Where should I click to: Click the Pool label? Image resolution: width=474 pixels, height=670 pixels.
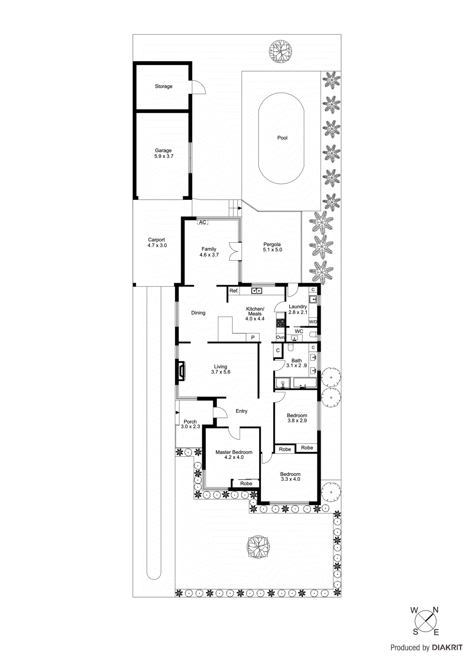[x=282, y=138]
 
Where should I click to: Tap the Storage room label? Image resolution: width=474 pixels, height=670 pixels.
[x=163, y=86]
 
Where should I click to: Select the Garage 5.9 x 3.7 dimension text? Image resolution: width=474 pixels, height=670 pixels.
[x=163, y=156]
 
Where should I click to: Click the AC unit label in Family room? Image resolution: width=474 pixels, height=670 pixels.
[x=202, y=222]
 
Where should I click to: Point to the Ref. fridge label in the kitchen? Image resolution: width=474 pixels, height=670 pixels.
[x=234, y=291]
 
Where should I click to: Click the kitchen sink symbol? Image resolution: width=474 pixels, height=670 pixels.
[x=256, y=291]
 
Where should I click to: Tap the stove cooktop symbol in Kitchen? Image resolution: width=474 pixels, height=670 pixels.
[x=280, y=323]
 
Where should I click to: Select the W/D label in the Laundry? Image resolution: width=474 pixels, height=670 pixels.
[x=313, y=322]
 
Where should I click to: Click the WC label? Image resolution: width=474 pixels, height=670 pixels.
[x=299, y=331]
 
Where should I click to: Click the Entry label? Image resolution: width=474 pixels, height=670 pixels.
[x=241, y=411]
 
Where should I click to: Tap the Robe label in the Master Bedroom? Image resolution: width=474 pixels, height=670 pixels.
[x=246, y=483]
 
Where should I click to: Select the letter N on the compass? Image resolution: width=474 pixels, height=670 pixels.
[x=435, y=610]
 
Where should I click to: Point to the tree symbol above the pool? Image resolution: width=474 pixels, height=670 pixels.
[x=280, y=52]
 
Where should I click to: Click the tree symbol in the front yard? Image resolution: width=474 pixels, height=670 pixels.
[x=258, y=546]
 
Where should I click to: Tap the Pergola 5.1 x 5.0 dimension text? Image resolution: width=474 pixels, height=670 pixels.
[x=272, y=250]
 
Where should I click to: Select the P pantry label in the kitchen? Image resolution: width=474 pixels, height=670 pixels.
[x=253, y=338]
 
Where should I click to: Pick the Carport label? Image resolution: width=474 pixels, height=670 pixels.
[x=156, y=240]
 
